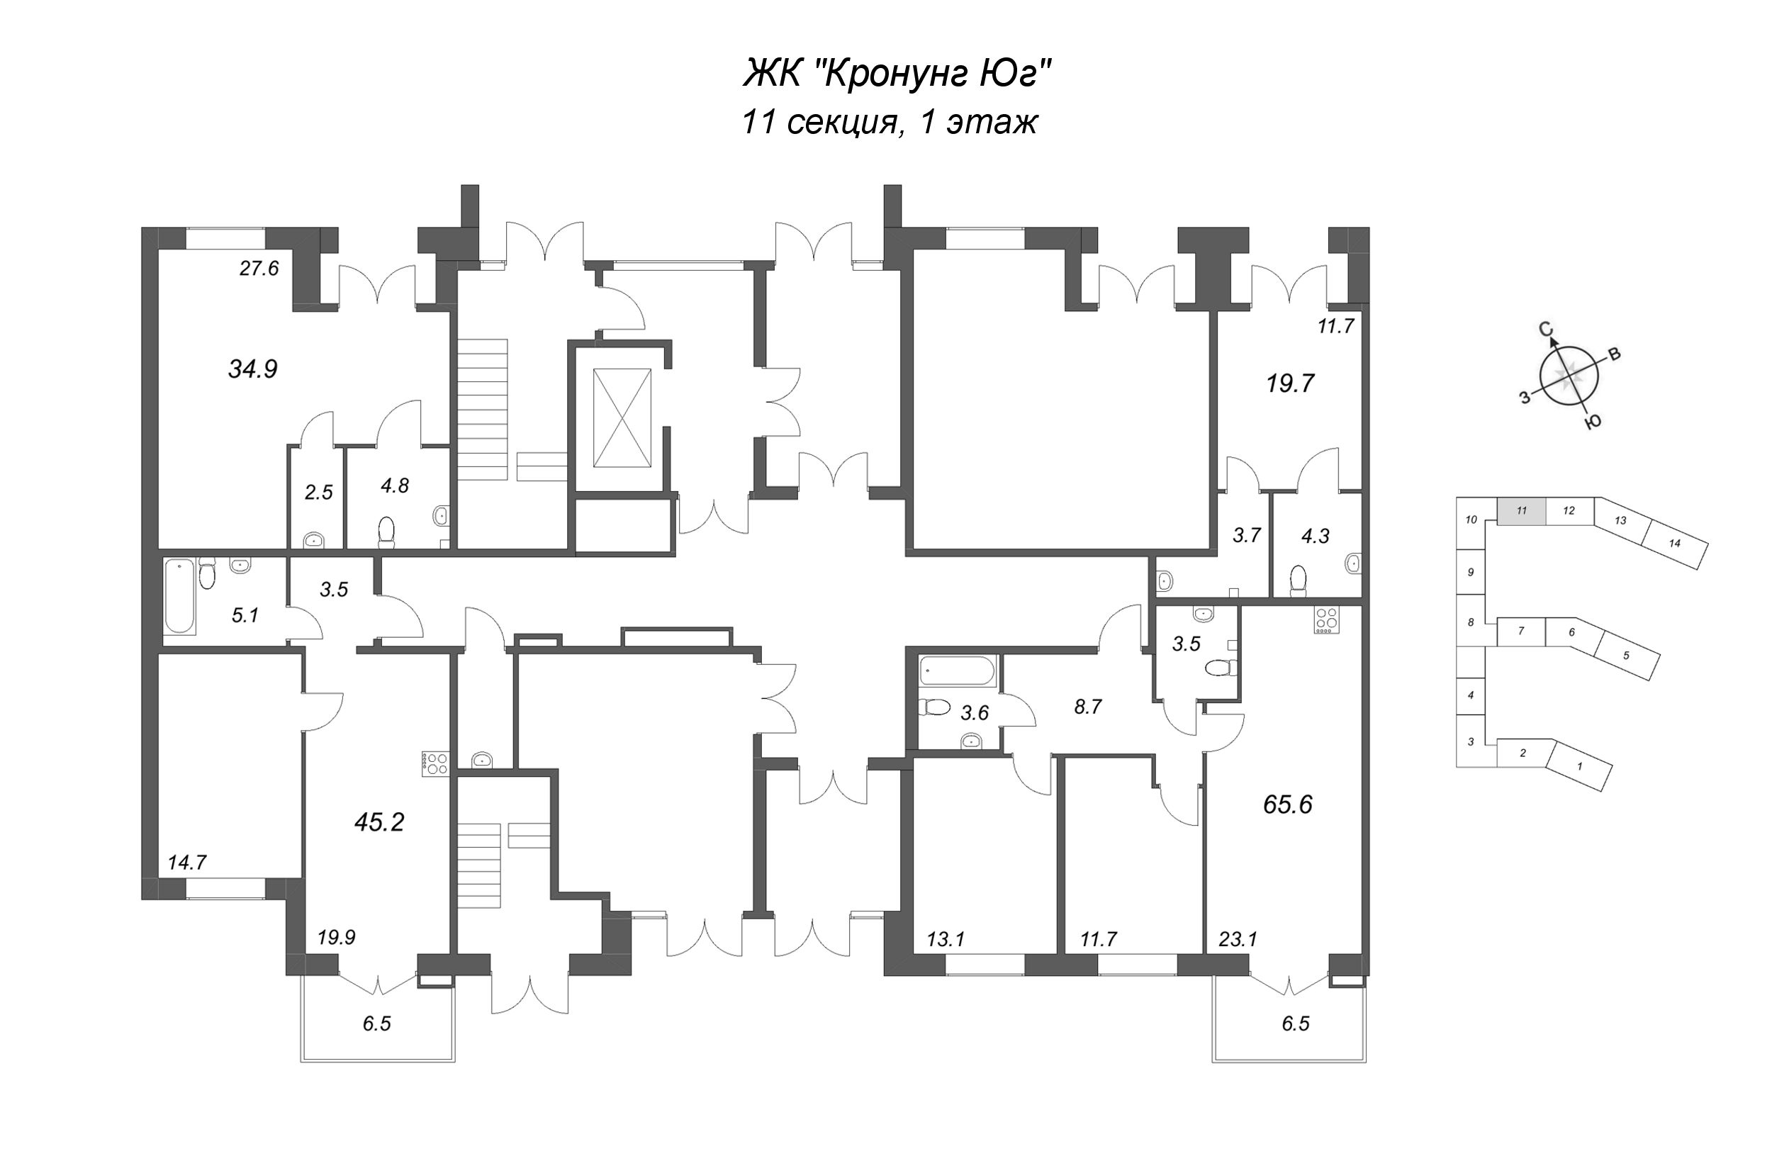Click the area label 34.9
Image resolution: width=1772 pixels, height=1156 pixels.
pos(252,369)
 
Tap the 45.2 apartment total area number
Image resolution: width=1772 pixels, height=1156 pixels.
pos(379,821)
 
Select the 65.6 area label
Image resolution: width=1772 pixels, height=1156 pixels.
pos(1287,804)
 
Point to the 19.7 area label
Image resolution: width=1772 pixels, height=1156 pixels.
pos(1290,383)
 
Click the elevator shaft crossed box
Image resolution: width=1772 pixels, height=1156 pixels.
pos(622,418)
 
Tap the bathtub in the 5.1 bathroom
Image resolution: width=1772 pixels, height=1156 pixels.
pos(179,596)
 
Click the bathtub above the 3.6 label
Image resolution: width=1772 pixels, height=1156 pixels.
pos(958,670)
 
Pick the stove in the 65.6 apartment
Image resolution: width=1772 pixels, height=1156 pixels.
pos(1326,621)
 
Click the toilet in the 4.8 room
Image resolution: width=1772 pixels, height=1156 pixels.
pos(386,532)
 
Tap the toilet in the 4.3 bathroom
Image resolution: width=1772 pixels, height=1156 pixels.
pos(1298,580)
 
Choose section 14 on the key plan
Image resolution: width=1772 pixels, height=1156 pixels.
pos(1674,544)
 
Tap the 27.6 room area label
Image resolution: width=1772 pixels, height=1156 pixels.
pos(259,268)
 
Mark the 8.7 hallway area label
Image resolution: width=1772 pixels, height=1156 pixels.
pos(1088,707)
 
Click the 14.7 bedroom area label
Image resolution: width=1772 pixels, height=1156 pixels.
pos(187,863)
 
